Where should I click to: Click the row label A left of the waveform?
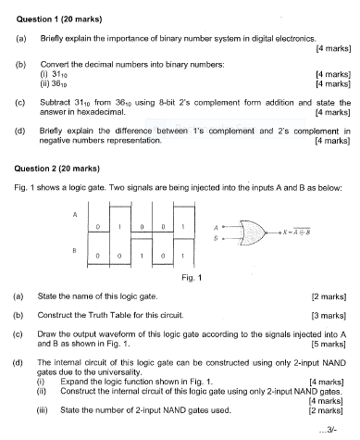[75, 213]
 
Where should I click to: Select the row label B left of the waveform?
[75, 250]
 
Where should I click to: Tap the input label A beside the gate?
[215, 224]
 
